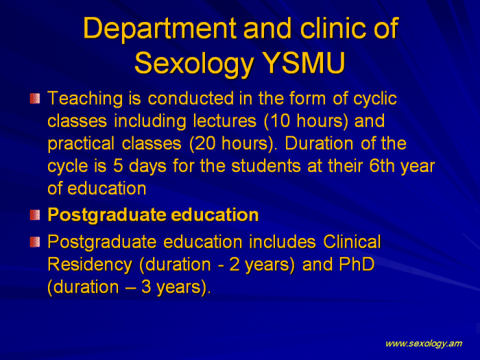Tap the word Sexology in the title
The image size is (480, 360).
(x=194, y=64)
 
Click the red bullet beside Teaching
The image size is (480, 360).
(x=35, y=98)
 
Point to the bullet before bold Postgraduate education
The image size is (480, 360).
(x=35, y=215)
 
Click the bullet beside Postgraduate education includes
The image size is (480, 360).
(x=35, y=242)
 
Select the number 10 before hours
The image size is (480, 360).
(x=280, y=121)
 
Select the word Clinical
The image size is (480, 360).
(x=352, y=241)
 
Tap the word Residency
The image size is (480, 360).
(x=90, y=265)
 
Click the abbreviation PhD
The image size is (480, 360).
(x=357, y=264)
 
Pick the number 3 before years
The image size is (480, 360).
(x=146, y=287)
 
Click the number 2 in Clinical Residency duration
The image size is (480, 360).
(x=235, y=264)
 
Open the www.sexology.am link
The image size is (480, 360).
(x=424, y=344)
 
